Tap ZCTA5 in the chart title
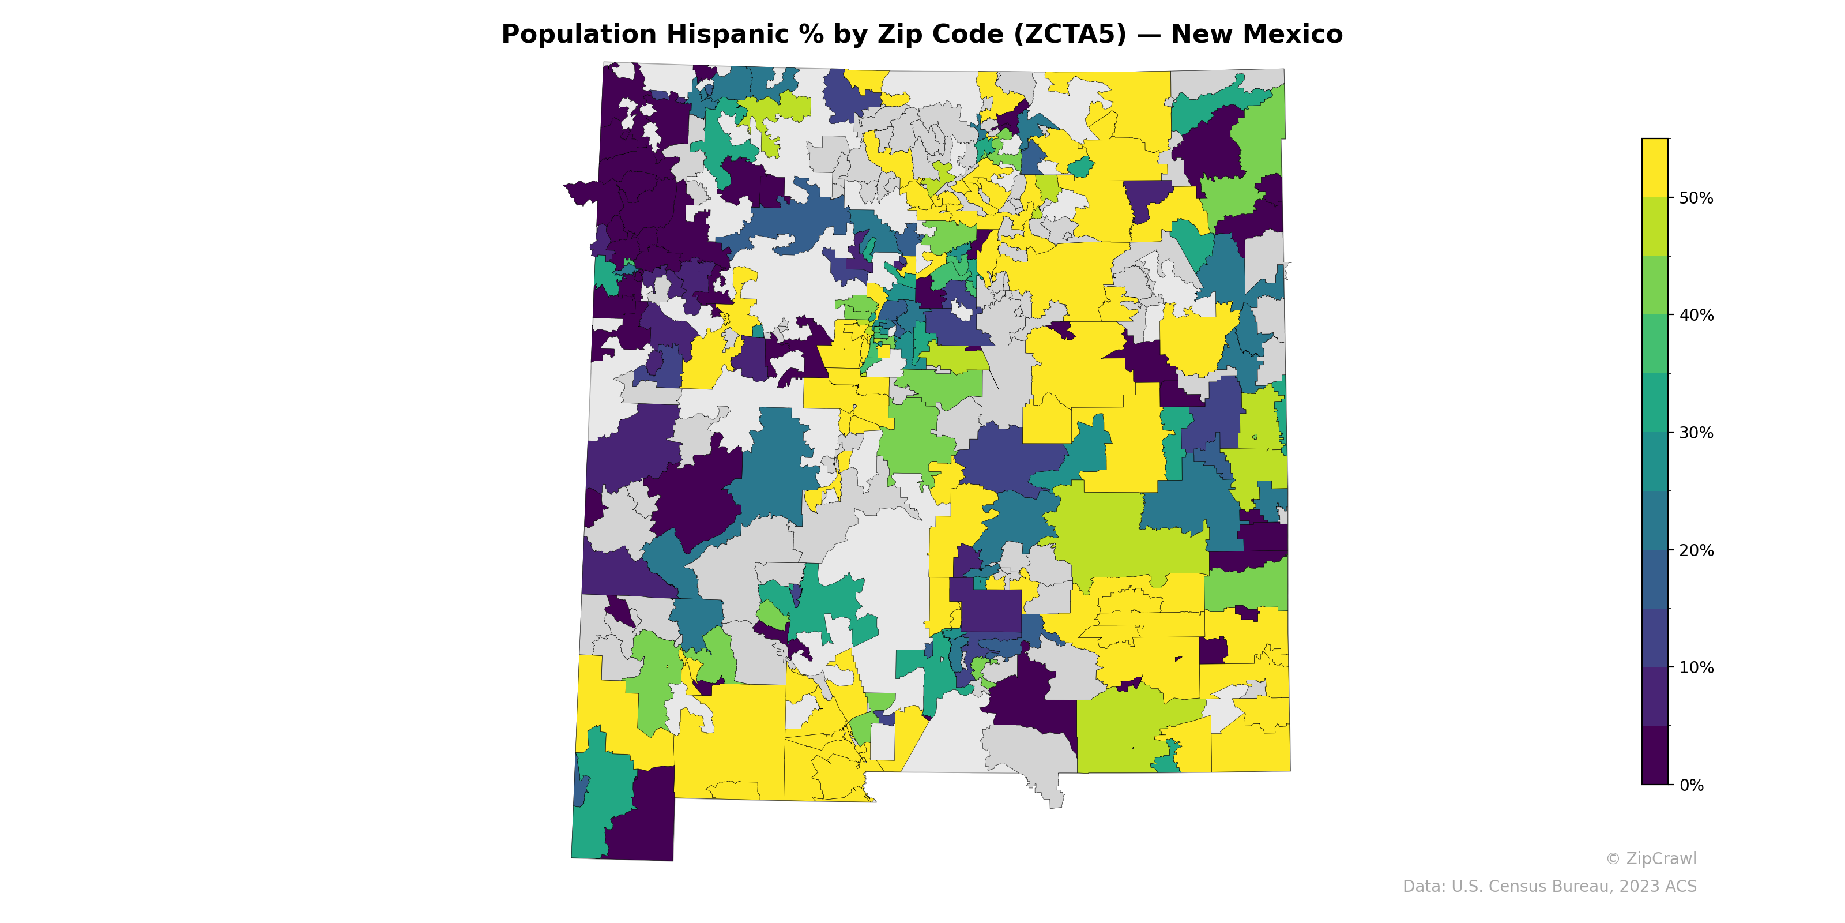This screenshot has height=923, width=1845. tap(1070, 35)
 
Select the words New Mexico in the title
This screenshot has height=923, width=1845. tap(1256, 35)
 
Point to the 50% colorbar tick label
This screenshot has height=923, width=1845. tap(1696, 198)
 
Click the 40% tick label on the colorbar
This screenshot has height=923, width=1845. tap(1696, 316)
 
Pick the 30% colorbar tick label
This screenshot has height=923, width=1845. tap(1696, 433)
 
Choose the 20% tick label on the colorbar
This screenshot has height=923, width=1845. tap(1696, 550)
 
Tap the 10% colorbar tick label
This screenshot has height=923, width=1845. tap(1696, 668)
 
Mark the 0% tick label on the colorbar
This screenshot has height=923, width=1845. tap(1691, 785)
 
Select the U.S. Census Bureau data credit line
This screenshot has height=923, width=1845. tap(1549, 887)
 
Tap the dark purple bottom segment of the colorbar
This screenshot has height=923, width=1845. tap(1655, 756)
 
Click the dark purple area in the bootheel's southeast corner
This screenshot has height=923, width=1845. tap(645, 824)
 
